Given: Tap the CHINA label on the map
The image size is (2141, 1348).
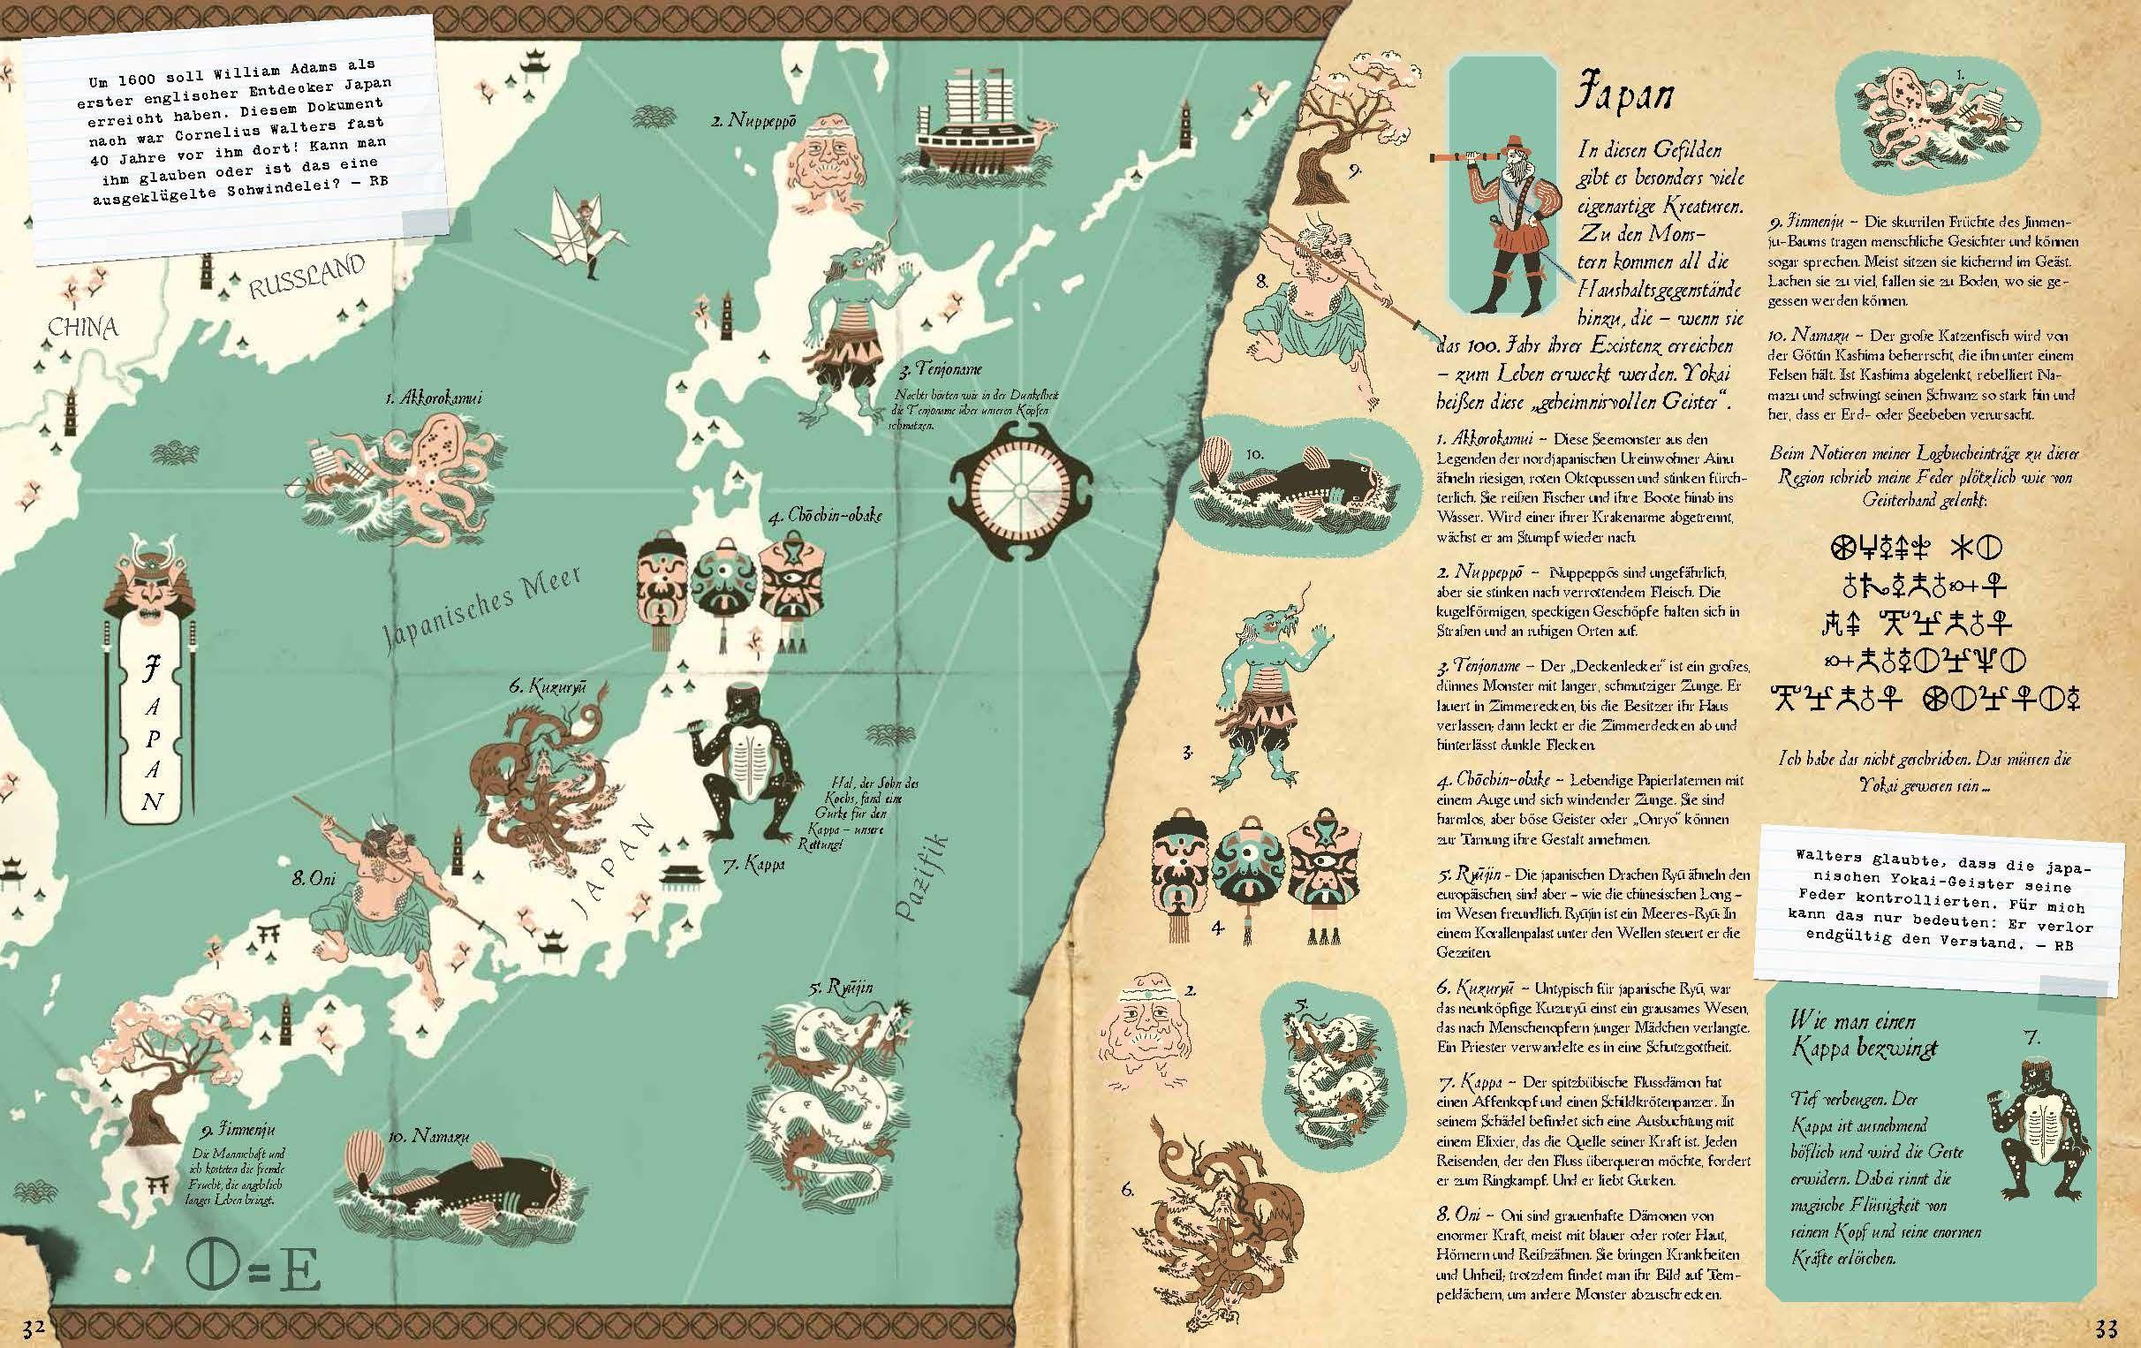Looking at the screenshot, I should pyautogui.click(x=83, y=327).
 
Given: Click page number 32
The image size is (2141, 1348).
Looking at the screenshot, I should pyautogui.click(x=34, y=1329).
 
